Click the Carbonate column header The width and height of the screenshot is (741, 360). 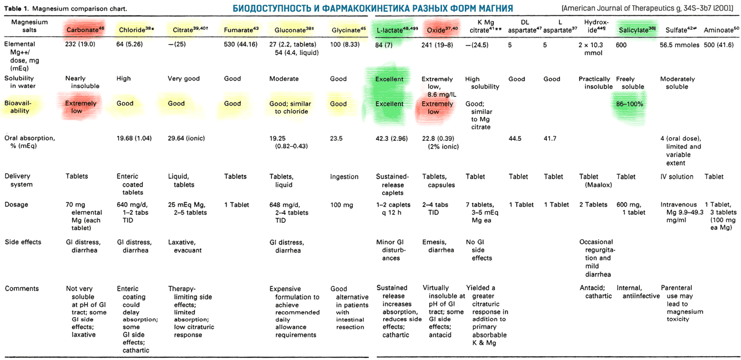(x=83, y=30)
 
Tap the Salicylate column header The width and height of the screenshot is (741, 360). (x=636, y=30)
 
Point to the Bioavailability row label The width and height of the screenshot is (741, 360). (x=17, y=107)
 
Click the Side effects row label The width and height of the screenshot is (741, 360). (x=23, y=242)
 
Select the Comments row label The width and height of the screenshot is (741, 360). (x=22, y=289)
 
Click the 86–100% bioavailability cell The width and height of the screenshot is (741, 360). (x=629, y=104)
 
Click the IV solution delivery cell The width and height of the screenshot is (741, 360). (x=676, y=177)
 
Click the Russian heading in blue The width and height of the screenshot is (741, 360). (x=373, y=8)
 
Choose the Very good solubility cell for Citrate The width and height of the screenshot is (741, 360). (x=184, y=79)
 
